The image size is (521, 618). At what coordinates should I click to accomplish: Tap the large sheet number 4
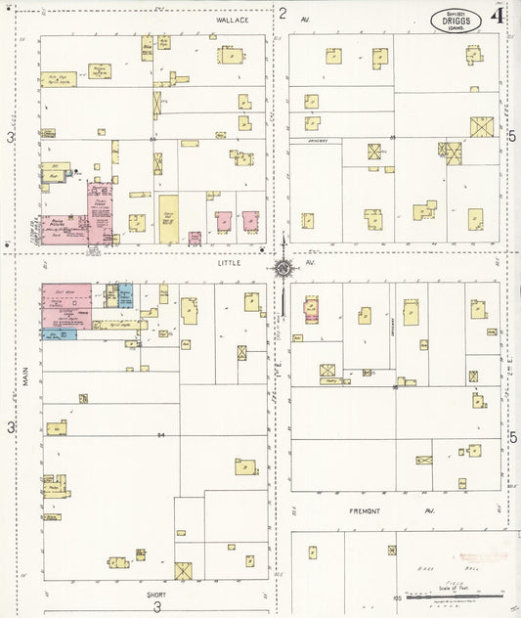tap(498, 15)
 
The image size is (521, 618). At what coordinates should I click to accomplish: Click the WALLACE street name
tap(234, 20)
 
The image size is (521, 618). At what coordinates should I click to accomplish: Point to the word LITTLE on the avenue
tap(229, 262)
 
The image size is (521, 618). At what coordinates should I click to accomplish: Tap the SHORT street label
tap(156, 594)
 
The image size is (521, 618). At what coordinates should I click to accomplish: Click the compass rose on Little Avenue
tap(282, 268)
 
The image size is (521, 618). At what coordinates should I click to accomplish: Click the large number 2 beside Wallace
tap(282, 14)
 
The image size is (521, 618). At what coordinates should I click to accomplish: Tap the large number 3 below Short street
tap(156, 607)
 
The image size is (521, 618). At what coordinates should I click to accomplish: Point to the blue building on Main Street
tap(59, 334)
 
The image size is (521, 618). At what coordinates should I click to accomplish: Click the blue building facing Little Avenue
tap(125, 294)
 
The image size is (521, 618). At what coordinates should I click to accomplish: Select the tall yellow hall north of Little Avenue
tap(169, 219)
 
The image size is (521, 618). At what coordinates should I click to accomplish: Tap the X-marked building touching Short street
tap(183, 570)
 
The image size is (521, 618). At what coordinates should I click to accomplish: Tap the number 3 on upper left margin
tap(12, 139)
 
